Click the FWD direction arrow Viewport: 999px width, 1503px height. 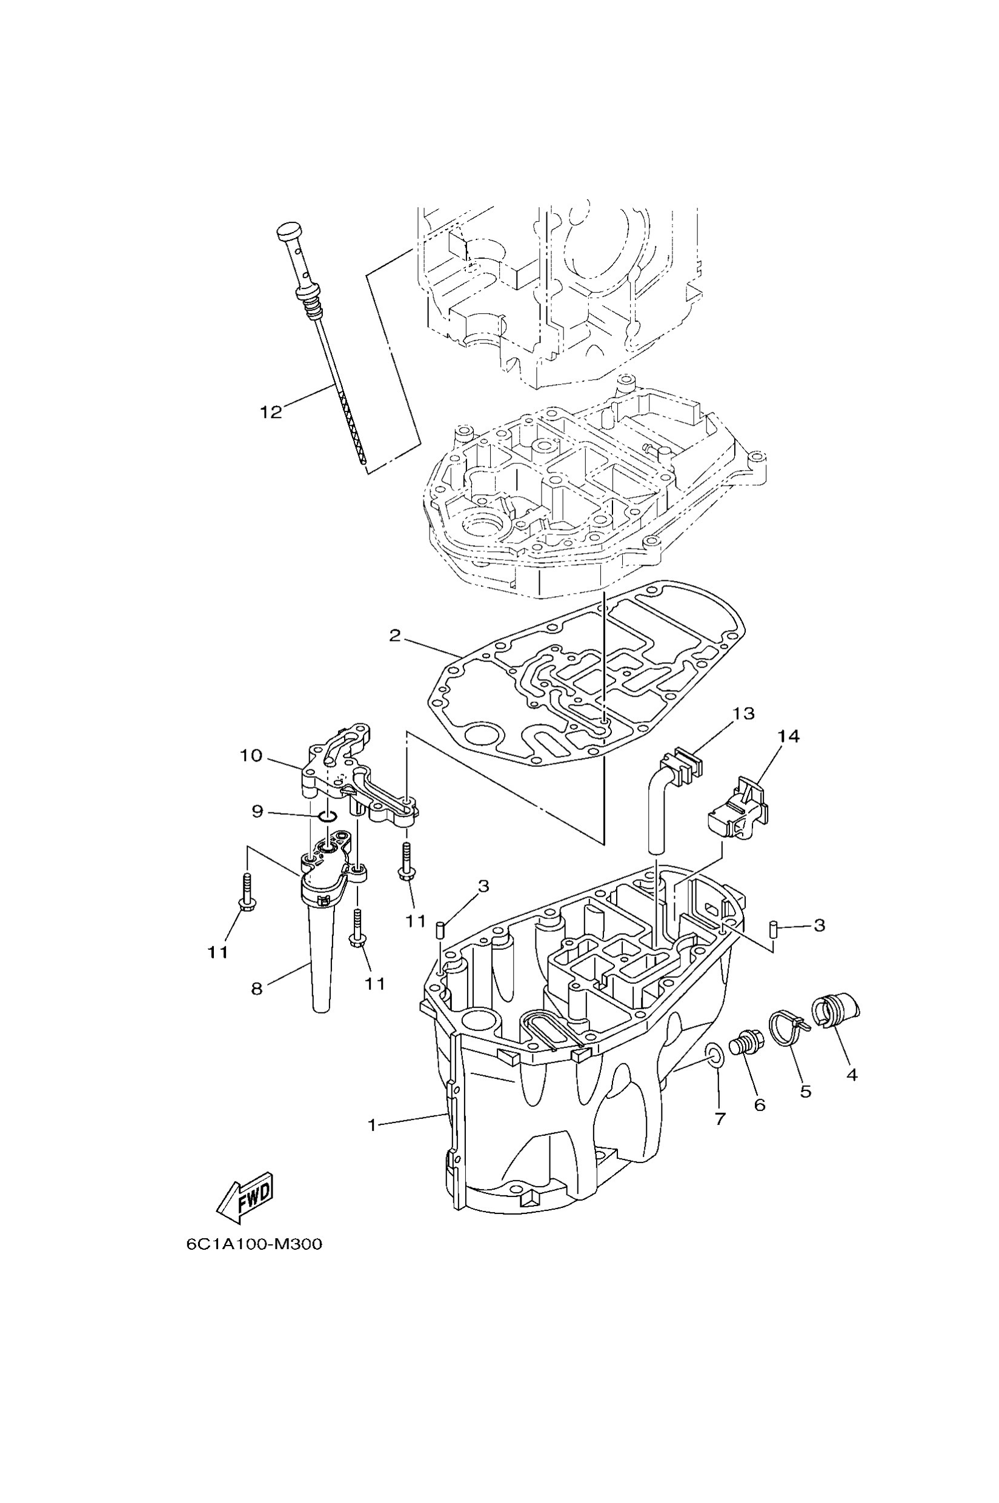(245, 1196)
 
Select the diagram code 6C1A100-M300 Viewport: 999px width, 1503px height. (254, 1244)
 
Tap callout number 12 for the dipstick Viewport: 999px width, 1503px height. (271, 412)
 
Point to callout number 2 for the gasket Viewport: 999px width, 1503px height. (395, 635)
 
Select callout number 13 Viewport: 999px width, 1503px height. (743, 714)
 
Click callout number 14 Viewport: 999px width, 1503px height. (788, 737)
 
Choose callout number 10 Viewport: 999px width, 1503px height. (251, 755)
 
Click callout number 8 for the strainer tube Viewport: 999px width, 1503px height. (257, 989)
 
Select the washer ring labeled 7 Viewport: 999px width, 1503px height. (715, 1055)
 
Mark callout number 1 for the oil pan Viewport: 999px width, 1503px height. (373, 1124)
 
